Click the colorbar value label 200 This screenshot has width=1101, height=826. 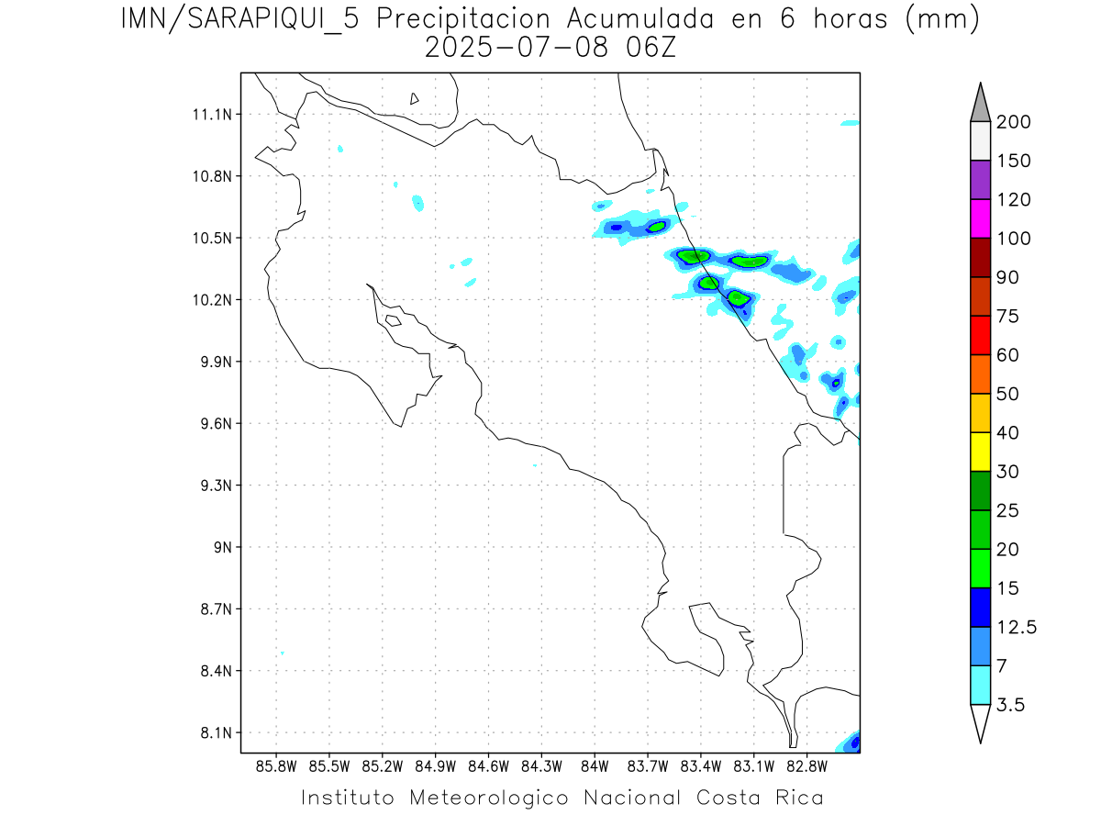pos(1014,122)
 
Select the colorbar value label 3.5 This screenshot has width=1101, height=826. pos(1011,705)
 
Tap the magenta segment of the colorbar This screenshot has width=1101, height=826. pos(980,218)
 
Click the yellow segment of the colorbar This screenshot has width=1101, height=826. pos(980,452)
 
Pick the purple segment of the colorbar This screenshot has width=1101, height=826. pos(980,180)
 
